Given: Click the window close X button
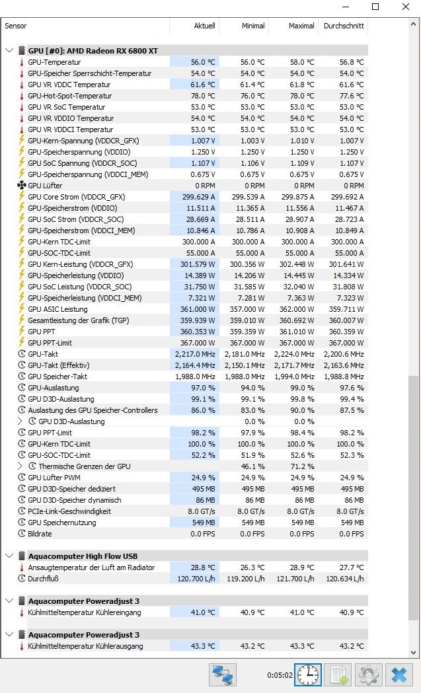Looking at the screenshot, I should (405, 7).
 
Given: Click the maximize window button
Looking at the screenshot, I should (375, 7).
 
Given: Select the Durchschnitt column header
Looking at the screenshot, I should (342, 26).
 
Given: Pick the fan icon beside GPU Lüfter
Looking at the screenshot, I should (21, 186).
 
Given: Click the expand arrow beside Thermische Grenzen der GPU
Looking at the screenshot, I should (20, 466).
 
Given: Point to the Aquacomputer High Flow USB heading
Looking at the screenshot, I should (83, 556).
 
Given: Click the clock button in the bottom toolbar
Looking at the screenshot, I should (308, 675).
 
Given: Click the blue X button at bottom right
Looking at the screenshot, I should (399, 675).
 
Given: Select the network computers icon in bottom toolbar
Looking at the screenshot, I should (223, 675).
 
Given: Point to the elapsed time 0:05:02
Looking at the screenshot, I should (278, 676).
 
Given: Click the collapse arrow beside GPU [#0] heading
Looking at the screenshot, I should (9, 51).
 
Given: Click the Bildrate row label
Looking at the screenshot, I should (40, 534).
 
